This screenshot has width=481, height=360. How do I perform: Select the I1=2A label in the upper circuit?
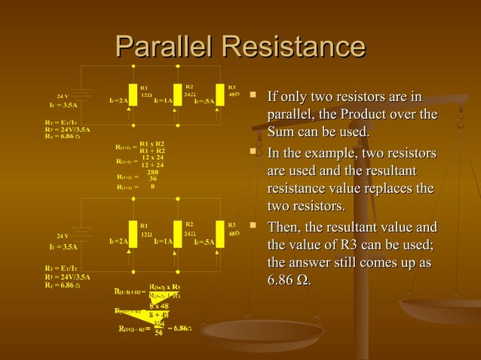pos(117,100)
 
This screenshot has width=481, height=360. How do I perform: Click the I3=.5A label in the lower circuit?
pos(204,242)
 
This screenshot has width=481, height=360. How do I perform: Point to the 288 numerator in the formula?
pos(153,172)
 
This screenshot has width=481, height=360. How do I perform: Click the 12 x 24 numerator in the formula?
pos(152,157)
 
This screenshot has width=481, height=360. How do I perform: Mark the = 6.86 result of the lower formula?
pos(179,328)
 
